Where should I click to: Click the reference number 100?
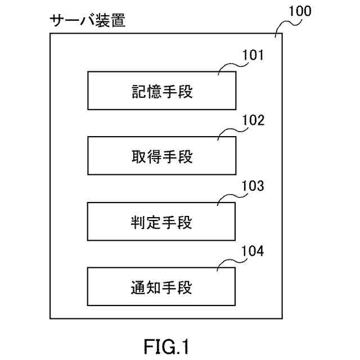point(300,11)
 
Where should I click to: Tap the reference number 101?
point(253,55)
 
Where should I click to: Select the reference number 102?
point(254,120)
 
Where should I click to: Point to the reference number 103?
point(253,186)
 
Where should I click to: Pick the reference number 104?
point(253,251)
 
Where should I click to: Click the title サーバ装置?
point(88,20)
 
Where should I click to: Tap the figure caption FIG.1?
point(166,346)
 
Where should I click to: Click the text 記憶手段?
point(162,92)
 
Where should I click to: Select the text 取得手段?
point(162,157)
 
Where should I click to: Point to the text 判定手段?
point(161,223)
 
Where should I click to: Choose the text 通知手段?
point(161,287)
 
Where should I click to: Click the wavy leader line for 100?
point(287,26)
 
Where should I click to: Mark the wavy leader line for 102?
point(232,131)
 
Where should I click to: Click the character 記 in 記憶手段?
point(139,92)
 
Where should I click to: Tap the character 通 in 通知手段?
point(138,287)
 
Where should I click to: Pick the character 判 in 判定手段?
point(138,223)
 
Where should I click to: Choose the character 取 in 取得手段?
point(139,157)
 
